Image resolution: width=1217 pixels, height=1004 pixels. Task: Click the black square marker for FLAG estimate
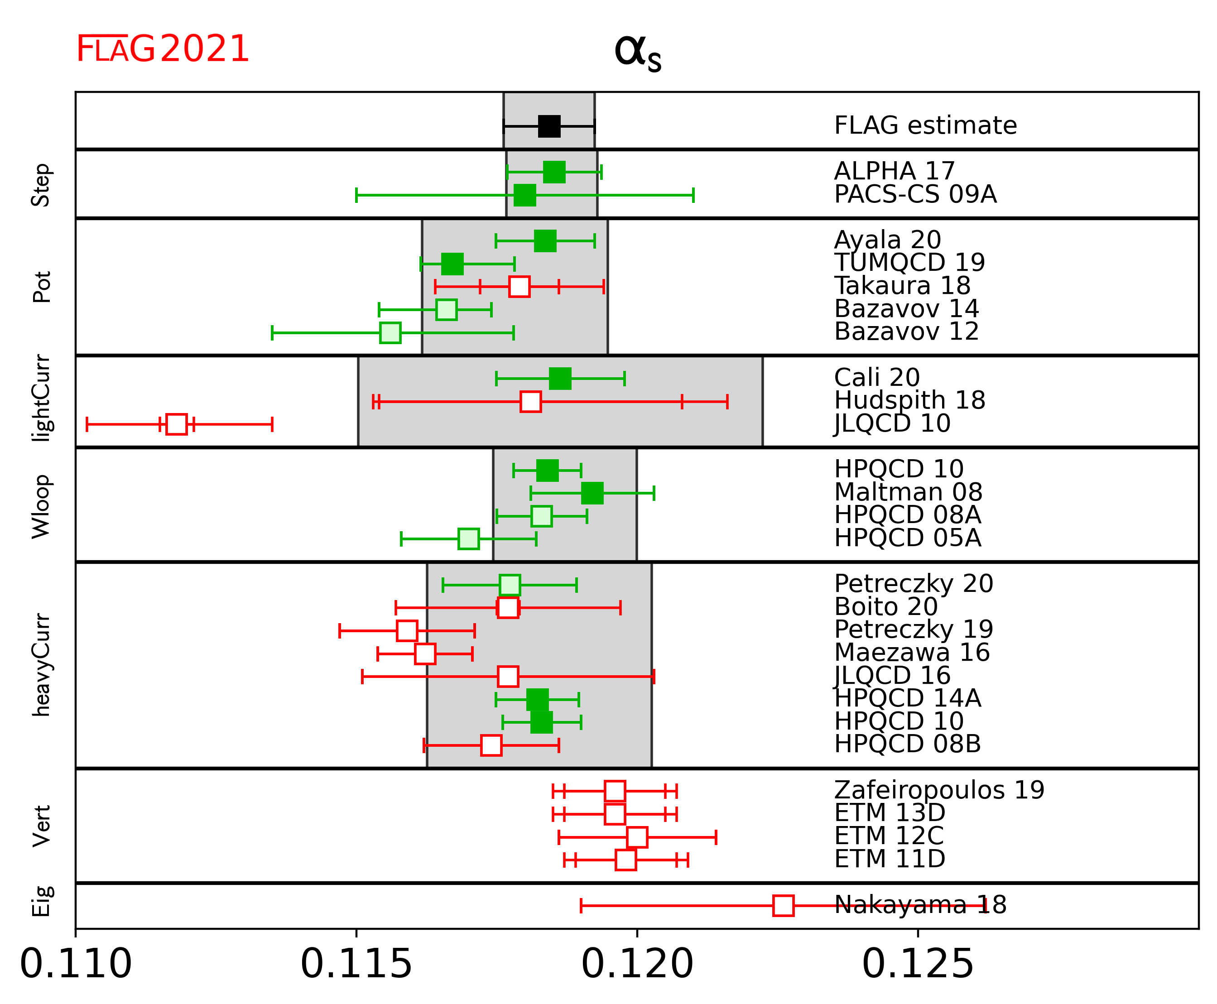[x=549, y=126]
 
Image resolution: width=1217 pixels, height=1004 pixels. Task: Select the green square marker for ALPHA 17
[x=554, y=172]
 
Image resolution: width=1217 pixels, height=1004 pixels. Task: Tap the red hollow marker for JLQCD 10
[x=177, y=424]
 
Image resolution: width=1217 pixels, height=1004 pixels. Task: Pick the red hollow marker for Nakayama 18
[x=783, y=905]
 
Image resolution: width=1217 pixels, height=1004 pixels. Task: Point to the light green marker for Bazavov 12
[x=390, y=332]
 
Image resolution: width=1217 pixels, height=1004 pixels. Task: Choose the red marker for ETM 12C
[x=637, y=837]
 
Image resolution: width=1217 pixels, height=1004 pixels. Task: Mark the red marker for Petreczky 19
[x=407, y=630]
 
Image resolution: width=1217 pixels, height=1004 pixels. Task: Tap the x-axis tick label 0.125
[x=917, y=964]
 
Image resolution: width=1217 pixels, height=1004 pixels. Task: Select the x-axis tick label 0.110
[x=76, y=964]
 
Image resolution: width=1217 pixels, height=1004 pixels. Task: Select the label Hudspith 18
[x=909, y=400]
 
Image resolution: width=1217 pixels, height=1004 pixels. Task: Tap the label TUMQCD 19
[x=909, y=263]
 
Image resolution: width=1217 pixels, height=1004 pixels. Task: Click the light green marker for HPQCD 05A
[x=468, y=538]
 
